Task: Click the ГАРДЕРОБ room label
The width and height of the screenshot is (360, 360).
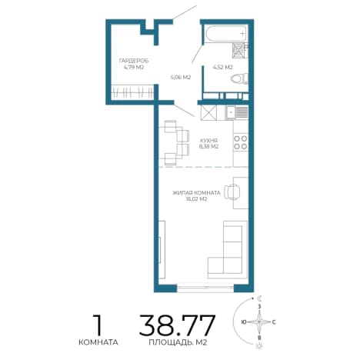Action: pos(134,61)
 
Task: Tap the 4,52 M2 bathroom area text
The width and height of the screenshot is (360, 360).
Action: pos(222,67)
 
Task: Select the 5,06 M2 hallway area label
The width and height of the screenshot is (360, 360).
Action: pos(181,77)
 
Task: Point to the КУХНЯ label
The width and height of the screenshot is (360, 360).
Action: pos(208,141)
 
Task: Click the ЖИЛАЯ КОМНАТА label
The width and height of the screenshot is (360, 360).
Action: pos(196,193)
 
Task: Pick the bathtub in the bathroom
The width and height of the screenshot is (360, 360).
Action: pos(226,33)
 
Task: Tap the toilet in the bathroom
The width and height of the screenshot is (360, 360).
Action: pos(239,78)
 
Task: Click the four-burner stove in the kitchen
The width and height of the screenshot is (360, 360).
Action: pos(241,143)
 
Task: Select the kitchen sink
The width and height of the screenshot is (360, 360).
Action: pos(236,113)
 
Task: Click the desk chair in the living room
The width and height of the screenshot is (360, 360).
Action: pos(232,192)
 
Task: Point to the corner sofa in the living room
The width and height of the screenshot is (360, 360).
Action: pos(228,250)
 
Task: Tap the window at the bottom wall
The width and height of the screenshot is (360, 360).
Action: pos(205,288)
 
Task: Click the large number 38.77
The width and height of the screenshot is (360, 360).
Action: pos(177,325)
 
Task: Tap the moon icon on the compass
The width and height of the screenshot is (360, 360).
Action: pos(259,298)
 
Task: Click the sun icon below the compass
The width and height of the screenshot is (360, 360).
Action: pos(259,346)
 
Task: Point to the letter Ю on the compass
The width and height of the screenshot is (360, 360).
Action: pos(244,322)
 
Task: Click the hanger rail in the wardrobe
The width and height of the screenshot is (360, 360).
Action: pos(132,92)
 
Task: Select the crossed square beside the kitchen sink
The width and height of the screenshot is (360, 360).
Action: pos(208,113)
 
